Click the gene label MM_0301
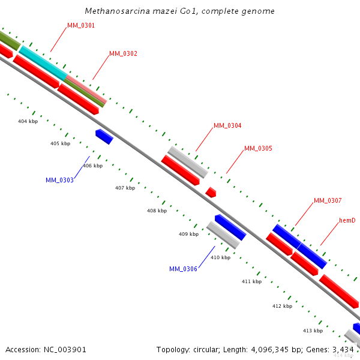click(x=81, y=26)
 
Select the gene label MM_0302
click(x=123, y=54)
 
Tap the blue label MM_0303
click(x=59, y=180)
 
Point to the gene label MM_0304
click(x=227, y=126)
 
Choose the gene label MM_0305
click(x=258, y=148)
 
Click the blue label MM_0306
click(x=183, y=269)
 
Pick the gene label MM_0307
click(x=328, y=200)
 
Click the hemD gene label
click(x=347, y=221)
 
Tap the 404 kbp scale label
click(x=28, y=121)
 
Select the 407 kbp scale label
click(x=125, y=188)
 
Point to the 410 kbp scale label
click(x=220, y=257)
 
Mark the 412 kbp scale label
click(x=282, y=306)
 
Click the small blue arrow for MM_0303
click(x=104, y=137)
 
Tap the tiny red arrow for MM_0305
click(x=211, y=192)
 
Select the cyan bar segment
click(x=42, y=62)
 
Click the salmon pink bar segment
click(x=86, y=88)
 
